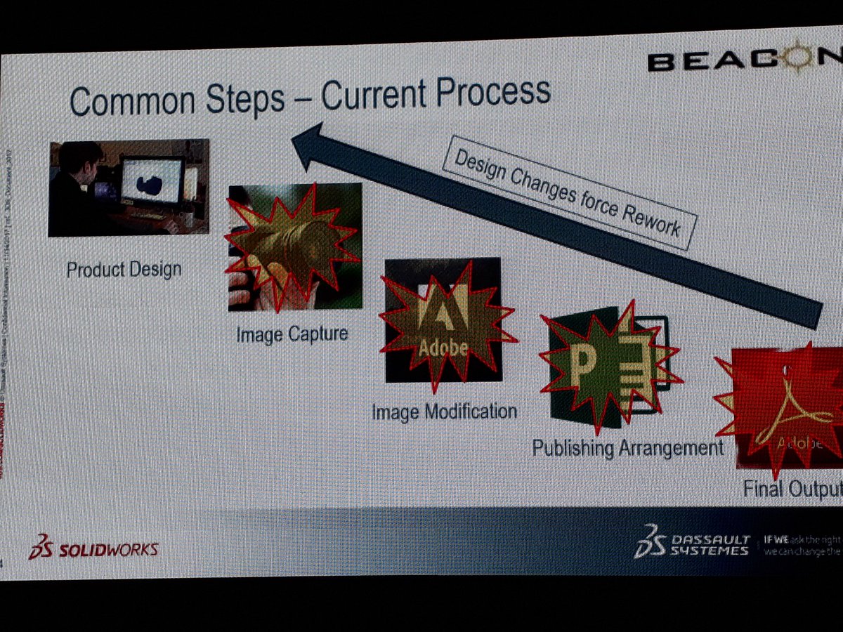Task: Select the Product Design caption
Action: pos(124,270)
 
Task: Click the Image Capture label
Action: pos(292,334)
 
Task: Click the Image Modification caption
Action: pos(444,411)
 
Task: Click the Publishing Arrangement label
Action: pos(627,447)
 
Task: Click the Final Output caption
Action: pos(792,489)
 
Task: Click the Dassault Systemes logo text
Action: pos(710,545)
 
